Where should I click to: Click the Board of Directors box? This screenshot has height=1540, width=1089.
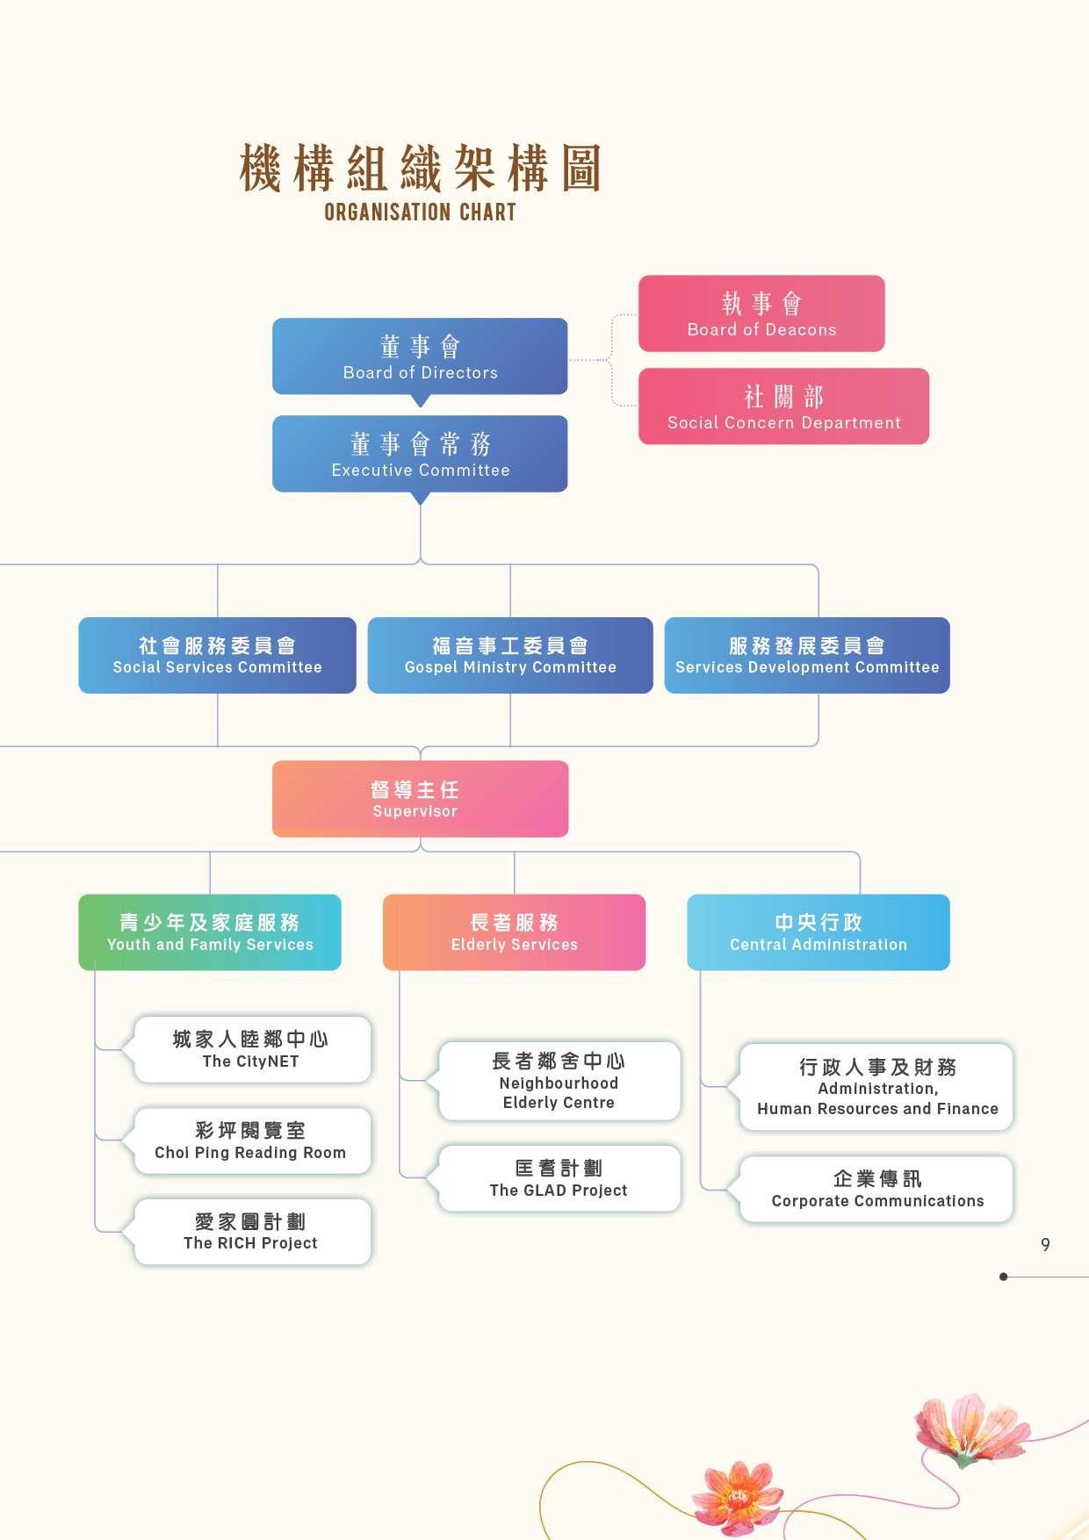click(420, 356)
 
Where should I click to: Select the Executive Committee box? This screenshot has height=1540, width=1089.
click(420, 454)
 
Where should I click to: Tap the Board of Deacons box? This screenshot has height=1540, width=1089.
click(761, 313)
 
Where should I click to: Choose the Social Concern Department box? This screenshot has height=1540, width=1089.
click(783, 407)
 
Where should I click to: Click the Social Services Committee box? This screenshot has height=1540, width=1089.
click(217, 656)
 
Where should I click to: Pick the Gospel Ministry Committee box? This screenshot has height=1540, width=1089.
click(510, 656)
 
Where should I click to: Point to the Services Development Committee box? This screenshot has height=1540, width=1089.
click(807, 656)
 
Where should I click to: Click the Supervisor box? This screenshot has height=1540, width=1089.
click(420, 799)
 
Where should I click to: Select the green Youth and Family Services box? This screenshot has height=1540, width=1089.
click(210, 932)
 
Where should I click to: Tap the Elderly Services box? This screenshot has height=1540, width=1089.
click(514, 932)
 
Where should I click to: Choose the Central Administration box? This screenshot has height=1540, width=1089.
click(819, 932)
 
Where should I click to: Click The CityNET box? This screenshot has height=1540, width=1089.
click(252, 1050)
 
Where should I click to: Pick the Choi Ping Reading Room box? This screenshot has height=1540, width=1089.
click(252, 1141)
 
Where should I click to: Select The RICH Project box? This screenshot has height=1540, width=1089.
click(252, 1232)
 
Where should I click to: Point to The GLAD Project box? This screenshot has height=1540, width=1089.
click(559, 1178)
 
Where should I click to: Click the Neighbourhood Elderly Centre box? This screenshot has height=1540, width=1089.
click(559, 1082)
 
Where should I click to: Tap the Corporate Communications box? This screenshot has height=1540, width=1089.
click(876, 1190)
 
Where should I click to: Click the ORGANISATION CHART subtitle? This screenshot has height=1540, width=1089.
click(420, 212)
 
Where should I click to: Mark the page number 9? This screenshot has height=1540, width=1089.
click(1045, 1245)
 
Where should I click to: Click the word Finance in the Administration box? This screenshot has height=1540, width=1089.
click(967, 1109)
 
